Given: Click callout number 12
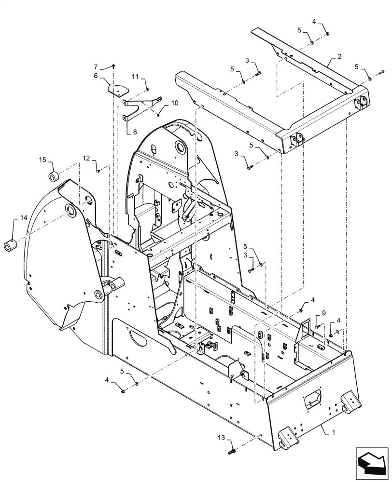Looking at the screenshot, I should click(x=86, y=158).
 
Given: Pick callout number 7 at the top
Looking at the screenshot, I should click(x=96, y=66).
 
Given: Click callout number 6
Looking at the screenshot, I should click(x=96, y=76).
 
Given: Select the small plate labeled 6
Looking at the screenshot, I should click(x=117, y=90).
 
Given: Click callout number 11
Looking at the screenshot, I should click(x=135, y=77).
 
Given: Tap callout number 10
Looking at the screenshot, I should click(x=174, y=103).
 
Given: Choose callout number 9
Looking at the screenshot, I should click(x=324, y=313).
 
